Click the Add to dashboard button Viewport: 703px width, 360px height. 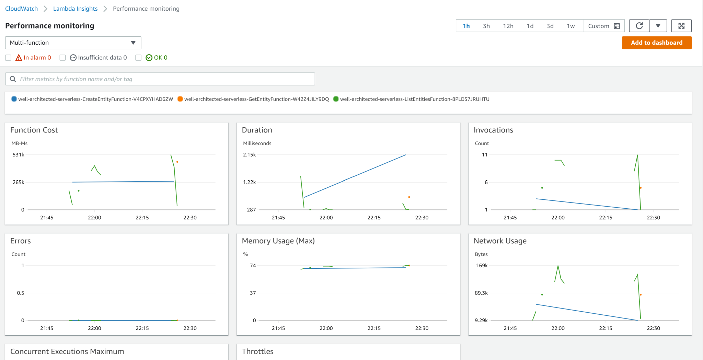point(656,43)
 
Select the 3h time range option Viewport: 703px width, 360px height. point(486,26)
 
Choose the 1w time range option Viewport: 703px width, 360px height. point(571,26)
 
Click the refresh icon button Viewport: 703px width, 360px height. point(639,26)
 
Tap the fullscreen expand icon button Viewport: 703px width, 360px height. point(681,26)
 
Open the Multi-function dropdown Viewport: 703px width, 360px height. point(73,43)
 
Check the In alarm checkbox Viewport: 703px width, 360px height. point(8,58)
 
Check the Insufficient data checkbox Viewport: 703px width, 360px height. point(62,58)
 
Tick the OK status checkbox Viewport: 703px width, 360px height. point(138,58)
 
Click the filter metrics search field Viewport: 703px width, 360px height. point(165,79)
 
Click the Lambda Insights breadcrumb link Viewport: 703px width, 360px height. point(75,9)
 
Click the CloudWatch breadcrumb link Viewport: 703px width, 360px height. point(21,9)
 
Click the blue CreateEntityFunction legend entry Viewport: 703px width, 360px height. point(93,99)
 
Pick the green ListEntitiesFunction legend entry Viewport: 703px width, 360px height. point(412,99)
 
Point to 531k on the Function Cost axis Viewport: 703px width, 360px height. point(19,155)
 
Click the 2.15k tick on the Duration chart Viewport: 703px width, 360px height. point(250,155)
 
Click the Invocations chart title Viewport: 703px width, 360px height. point(493,130)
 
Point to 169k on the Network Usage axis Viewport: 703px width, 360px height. point(482,266)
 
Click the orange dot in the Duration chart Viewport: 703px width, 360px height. point(409,197)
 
